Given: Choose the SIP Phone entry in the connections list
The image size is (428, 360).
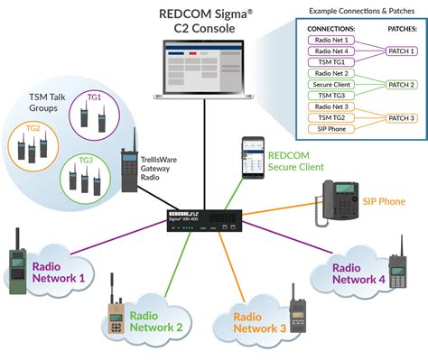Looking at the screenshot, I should (330, 129).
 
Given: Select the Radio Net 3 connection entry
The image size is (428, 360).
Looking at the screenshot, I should (330, 106).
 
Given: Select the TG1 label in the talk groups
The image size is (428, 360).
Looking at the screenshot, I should (95, 97).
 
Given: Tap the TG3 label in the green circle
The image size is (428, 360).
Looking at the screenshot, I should (86, 160).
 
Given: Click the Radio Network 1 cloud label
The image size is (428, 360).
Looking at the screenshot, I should (59, 272).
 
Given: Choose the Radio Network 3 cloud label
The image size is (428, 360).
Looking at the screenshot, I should (257, 323).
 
